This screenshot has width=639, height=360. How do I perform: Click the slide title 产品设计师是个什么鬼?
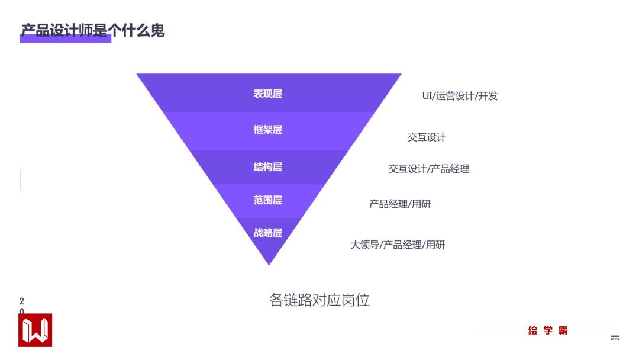coord(93,30)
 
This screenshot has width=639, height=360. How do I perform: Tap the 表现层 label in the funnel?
coord(268,94)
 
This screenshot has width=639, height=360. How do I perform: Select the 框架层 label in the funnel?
coord(268,130)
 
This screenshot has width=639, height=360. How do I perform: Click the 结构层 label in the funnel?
coord(268,167)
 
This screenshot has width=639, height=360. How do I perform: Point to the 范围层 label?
coord(268,200)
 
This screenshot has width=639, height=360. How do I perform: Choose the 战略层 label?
coord(268,233)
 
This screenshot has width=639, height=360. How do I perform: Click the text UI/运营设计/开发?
coord(460,96)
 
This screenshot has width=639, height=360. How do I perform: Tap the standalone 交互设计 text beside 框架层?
coord(427,137)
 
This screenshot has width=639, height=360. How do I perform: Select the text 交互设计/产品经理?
coord(428,169)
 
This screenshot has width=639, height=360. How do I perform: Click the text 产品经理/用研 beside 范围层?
coord(400,204)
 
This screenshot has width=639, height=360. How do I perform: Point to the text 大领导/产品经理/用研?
coord(398,245)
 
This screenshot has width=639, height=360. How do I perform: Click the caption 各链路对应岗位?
coord(319,300)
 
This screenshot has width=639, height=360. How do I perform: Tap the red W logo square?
coord(35,330)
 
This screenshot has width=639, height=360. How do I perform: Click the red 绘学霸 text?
coord(548,330)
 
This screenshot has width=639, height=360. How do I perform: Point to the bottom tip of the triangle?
coord(269,263)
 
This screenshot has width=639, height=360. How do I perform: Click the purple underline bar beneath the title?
coord(66,40)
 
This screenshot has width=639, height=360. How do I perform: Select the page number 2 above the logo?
coord(22,301)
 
